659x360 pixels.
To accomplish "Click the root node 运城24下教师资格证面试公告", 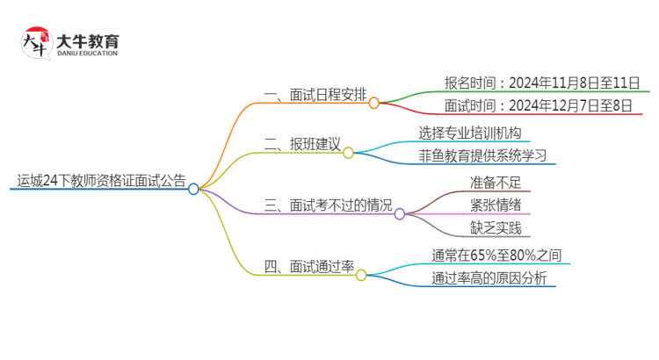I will click(101, 182).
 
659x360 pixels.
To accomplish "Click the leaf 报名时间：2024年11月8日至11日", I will click(541, 83).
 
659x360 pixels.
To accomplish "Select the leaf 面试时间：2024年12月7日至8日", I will click(538, 106).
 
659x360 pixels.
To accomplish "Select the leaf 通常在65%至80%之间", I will click(496, 256).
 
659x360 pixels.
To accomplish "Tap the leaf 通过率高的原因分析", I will click(489, 279).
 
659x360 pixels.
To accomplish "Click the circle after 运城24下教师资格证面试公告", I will click(194, 189).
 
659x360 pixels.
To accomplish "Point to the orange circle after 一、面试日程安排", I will click(373, 103).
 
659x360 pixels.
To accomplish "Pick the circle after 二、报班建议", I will click(348, 153).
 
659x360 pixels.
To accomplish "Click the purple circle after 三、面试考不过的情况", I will click(400, 213).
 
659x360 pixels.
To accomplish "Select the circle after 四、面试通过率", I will click(361, 275).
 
